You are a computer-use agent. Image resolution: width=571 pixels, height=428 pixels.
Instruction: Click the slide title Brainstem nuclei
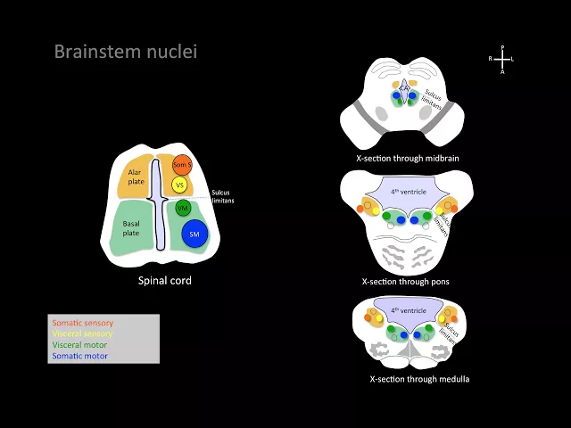pos(125,52)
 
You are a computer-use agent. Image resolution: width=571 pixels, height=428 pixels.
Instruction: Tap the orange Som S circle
pos(182,165)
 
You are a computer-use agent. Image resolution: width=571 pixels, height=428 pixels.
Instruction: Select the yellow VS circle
pos(179,185)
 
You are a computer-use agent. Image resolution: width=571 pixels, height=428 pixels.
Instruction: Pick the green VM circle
pos(183,209)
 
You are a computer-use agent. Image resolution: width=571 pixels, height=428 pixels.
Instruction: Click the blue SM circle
pos(194,234)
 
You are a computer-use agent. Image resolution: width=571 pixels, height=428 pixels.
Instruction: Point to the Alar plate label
pos(134,176)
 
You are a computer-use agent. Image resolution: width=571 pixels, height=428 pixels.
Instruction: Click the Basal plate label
pos(131,228)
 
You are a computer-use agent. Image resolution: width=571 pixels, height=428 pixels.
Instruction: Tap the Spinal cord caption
pos(164,281)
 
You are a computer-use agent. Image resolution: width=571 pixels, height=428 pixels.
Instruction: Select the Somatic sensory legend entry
pos(83,323)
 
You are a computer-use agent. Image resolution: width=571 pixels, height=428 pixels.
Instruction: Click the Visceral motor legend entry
pos(80,345)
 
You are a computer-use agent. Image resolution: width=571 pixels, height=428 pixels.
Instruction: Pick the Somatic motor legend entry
pos(79,356)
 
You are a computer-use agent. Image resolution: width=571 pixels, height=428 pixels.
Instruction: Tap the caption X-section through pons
pos(406,282)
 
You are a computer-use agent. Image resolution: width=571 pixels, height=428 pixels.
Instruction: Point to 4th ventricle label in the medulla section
pos(408,310)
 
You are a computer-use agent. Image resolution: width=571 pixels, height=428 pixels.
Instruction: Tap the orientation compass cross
pos(502,59)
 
